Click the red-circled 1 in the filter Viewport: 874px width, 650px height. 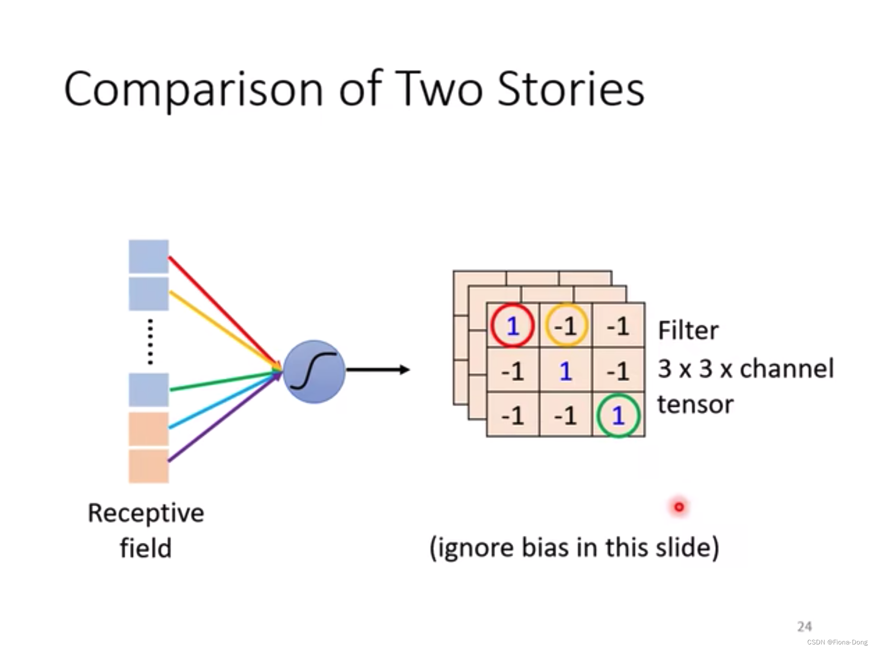(512, 326)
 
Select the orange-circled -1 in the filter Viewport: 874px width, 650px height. (566, 326)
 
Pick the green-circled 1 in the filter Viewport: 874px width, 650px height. (618, 415)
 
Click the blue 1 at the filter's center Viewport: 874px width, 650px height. (565, 371)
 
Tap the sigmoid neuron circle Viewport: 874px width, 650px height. (314, 371)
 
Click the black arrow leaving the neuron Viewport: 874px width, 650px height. (376, 369)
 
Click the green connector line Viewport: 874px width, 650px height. (222, 381)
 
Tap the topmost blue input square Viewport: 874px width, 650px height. (148, 256)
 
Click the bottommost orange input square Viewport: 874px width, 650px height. (148, 466)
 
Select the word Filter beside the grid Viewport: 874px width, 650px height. (688, 331)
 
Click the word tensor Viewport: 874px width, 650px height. (695, 405)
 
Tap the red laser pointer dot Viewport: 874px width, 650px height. (679, 507)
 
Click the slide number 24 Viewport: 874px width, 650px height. (804, 626)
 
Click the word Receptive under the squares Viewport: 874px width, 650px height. (146, 513)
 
